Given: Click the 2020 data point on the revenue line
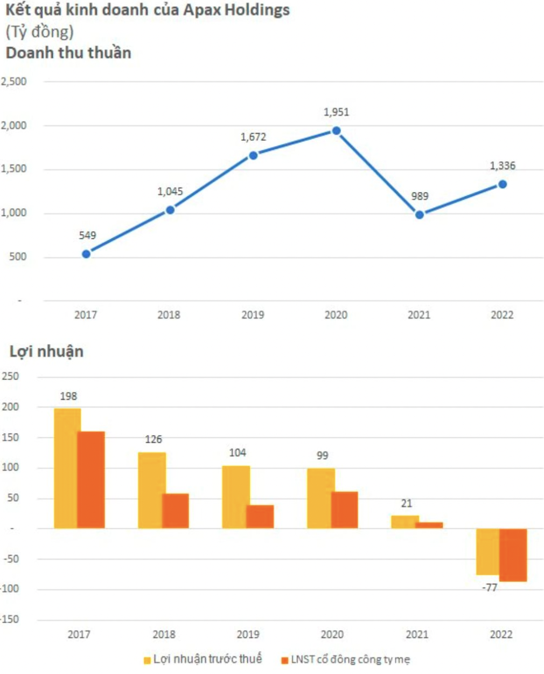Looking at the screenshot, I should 336,131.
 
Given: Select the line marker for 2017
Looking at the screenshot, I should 86,254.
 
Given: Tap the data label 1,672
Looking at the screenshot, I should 253,137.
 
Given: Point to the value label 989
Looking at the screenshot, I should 420,196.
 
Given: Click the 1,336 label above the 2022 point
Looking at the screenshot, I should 502,166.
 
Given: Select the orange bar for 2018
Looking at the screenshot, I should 176,511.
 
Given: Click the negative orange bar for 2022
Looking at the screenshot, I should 513,555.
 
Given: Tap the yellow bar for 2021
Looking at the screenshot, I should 404,522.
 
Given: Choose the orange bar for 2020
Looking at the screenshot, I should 345,510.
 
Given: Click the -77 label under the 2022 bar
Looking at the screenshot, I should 490,587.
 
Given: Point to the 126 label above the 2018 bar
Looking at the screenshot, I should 153,439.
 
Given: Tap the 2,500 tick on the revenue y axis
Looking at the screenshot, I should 14,81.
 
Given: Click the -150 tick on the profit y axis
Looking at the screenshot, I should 11,619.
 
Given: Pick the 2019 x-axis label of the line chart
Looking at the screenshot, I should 253,315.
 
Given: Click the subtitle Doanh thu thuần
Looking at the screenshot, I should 68,53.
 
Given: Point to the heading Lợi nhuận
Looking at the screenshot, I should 46,352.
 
